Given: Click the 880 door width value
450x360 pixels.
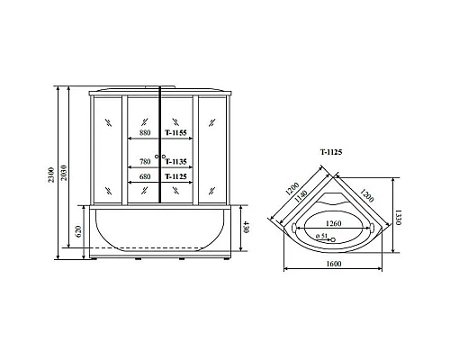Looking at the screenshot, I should tap(145, 133).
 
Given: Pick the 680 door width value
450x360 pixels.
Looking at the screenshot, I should tap(144, 177).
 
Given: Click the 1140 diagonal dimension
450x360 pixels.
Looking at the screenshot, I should tap(301, 199).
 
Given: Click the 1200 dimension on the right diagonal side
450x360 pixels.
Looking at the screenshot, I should tap(367, 191).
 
